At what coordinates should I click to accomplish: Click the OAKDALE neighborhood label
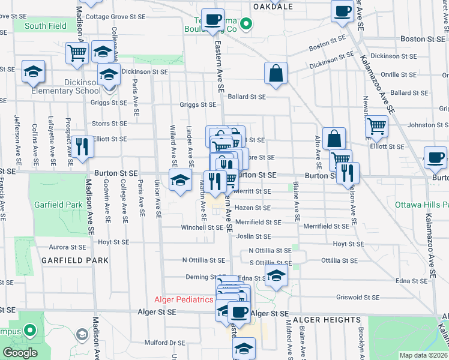[x=273, y=7]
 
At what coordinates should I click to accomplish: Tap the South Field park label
[x=46, y=26]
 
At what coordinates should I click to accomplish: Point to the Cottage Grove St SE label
[x=112, y=17]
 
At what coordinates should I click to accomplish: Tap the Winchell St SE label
[x=203, y=227]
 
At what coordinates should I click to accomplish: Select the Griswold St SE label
[x=358, y=296]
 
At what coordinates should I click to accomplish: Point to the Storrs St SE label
[x=109, y=124]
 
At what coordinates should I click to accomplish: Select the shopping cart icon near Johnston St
[x=376, y=126]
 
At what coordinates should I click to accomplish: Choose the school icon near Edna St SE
[x=276, y=275]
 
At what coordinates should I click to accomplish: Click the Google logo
[x=20, y=353]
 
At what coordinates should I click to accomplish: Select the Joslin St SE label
[x=253, y=237]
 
